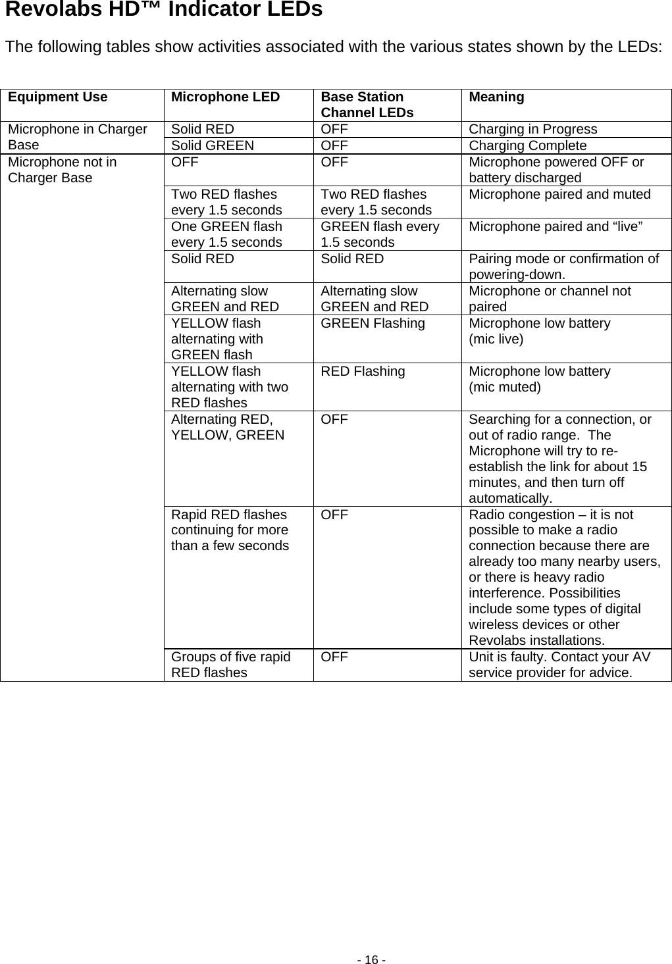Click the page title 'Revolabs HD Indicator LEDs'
(164, 11)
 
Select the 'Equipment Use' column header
(58, 97)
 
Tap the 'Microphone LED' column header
(225, 97)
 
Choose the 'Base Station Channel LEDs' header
(367, 105)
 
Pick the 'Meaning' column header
(496, 97)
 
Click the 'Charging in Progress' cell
(533, 129)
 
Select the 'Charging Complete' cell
(527, 145)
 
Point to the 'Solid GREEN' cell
(212, 145)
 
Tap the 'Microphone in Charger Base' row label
(77, 137)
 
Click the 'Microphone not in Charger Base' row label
(63, 170)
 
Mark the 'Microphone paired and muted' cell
(559, 194)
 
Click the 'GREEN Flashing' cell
(373, 323)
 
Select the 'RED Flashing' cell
(363, 371)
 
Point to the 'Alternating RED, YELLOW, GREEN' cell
(228, 427)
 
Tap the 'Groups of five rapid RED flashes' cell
(230, 665)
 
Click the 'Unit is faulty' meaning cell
(559, 665)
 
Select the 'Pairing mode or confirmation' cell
(563, 266)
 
